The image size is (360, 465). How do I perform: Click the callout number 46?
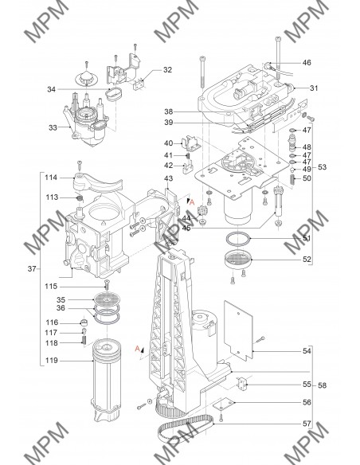(x=307, y=63)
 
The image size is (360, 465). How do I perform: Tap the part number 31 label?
(x=314, y=88)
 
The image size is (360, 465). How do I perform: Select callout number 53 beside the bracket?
(x=322, y=167)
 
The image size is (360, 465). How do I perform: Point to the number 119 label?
(x=52, y=361)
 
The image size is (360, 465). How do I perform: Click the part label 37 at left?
(x=32, y=268)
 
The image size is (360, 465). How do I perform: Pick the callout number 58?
(x=322, y=385)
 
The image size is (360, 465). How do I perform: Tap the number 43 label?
(x=168, y=178)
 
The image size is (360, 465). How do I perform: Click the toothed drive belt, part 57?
(x=186, y=428)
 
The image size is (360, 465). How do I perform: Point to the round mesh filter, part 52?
(x=238, y=260)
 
